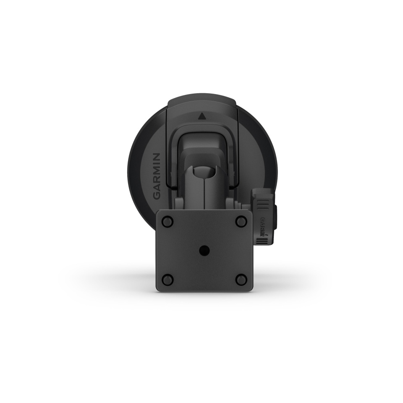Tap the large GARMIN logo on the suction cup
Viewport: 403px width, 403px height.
156,176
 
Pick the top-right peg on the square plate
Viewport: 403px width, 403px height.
241,220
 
